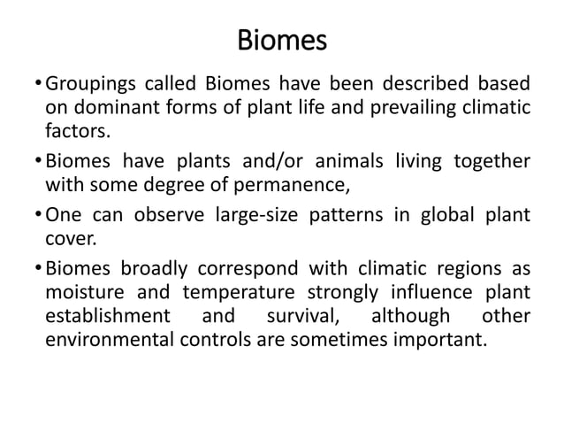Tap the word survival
coord(298,317)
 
